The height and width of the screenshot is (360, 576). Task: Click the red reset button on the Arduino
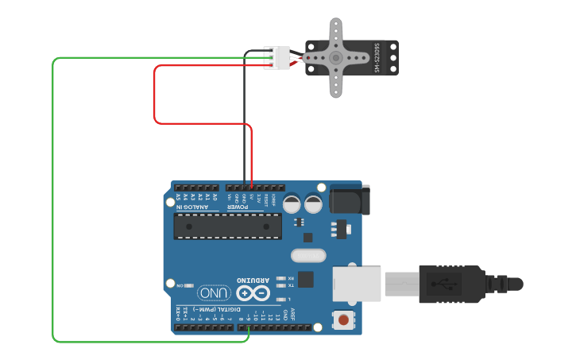(342, 319)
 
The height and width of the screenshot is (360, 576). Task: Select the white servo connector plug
(277, 58)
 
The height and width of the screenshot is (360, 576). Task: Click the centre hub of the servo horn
(336, 58)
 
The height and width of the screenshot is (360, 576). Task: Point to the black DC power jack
(349, 199)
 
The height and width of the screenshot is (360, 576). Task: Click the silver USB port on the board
(356, 282)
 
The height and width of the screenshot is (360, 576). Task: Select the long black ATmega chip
(227, 226)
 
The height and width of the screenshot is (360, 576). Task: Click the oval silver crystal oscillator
(308, 255)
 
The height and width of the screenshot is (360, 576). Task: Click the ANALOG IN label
(193, 207)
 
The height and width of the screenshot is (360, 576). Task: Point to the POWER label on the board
(239, 207)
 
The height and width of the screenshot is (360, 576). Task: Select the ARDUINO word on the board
(253, 280)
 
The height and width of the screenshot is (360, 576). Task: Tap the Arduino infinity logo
(253, 293)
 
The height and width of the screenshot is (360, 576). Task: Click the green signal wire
(53, 199)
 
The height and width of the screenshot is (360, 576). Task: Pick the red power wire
(154, 95)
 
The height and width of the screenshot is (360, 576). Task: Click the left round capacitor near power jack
(292, 203)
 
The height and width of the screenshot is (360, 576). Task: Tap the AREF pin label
(292, 314)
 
